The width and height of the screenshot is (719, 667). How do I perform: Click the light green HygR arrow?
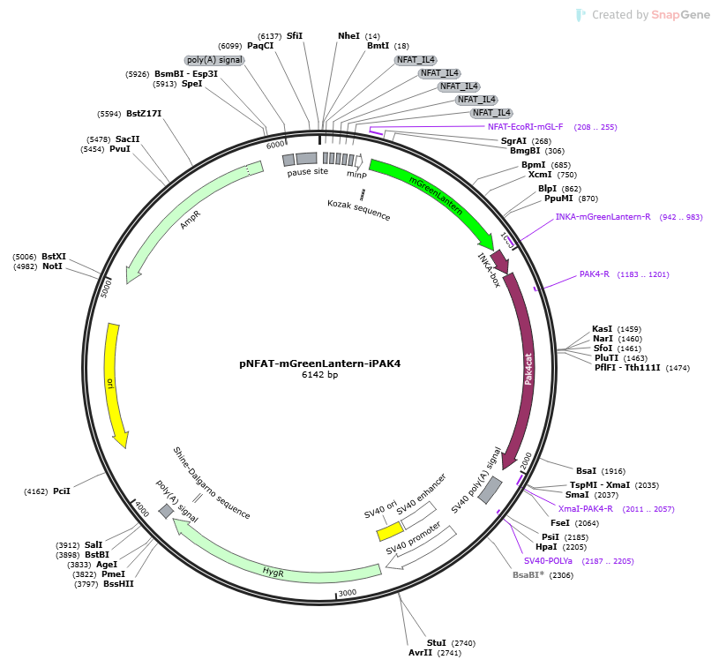pyautogui.click(x=275, y=569)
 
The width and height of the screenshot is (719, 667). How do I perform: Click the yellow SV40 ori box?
pyautogui.click(x=390, y=532)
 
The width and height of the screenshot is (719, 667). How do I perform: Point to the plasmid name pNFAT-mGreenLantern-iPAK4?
pyautogui.click(x=319, y=363)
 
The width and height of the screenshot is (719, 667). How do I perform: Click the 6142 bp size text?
pyautogui.click(x=319, y=374)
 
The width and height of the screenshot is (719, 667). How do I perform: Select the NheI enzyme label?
pyautogui.click(x=348, y=36)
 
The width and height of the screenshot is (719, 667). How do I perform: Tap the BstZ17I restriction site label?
pyautogui.click(x=144, y=113)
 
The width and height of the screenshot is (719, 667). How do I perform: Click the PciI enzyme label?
pyautogui.click(x=62, y=491)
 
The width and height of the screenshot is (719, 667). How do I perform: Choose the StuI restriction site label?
pyautogui.click(x=436, y=642)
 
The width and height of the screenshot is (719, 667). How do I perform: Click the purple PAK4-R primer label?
pyautogui.click(x=595, y=274)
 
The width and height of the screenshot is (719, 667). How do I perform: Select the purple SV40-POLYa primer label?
pyautogui.click(x=548, y=560)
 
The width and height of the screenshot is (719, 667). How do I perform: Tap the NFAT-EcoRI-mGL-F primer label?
pyautogui.click(x=525, y=127)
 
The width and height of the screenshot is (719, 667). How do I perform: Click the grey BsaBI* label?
pyautogui.click(x=528, y=574)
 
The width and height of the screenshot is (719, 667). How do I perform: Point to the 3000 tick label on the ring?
pyautogui.click(x=347, y=592)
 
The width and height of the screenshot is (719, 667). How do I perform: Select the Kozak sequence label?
pyautogui.click(x=358, y=210)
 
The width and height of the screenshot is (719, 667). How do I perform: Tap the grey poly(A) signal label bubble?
pyautogui.click(x=214, y=60)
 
